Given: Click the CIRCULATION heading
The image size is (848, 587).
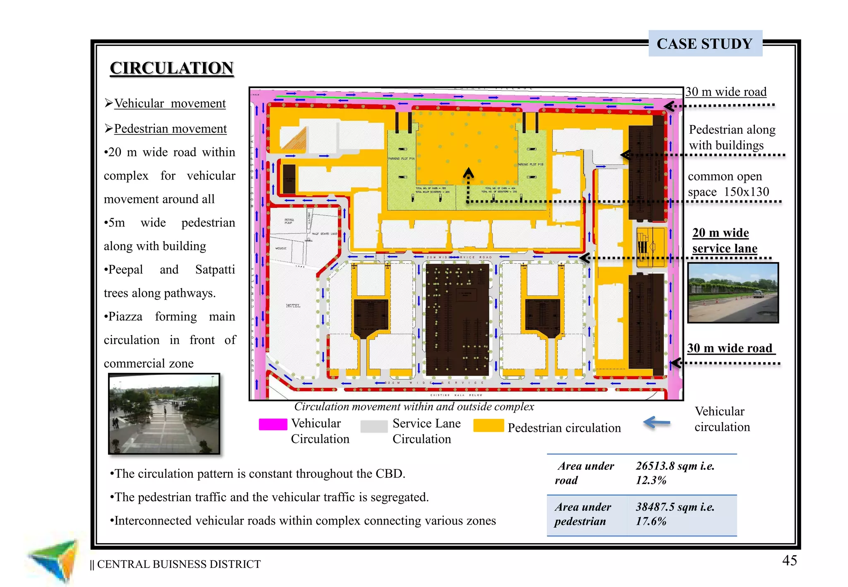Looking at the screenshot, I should click(x=172, y=68).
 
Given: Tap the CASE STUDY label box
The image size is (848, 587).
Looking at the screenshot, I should click(x=705, y=43).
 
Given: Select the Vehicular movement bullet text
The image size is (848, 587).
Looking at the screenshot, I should click(x=170, y=103).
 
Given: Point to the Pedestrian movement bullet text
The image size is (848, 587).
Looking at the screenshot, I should click(x=170, y=129).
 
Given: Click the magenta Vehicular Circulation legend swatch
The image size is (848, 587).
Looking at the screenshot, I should click(x=273, y=424).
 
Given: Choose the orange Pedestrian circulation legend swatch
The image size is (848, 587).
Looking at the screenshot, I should click(x=489, y=426).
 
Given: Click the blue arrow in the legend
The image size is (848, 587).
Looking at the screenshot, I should click(x=657, y=423).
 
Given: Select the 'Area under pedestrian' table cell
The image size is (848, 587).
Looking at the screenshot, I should click(x=583, y=514).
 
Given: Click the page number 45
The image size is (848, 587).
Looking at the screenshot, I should click(x=789, y=561).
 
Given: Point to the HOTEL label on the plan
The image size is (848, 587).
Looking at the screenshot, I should click(x=293, y=306).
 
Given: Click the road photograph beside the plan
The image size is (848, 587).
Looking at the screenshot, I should click(x=733, y=293).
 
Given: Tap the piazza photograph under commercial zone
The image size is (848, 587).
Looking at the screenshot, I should click(x=164, y=414).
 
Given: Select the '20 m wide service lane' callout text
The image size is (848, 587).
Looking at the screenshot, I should click(x=725, y=241).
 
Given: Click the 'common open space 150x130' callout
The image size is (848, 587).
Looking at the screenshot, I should click(x=728, y=184).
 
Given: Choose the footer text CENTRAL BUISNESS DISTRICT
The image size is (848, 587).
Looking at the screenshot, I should click(x=178, y=564).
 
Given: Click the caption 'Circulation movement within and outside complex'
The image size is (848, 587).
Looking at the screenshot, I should click(x=414, y=407).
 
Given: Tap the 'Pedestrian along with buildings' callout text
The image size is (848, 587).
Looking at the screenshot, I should click(x=732, y=137).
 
